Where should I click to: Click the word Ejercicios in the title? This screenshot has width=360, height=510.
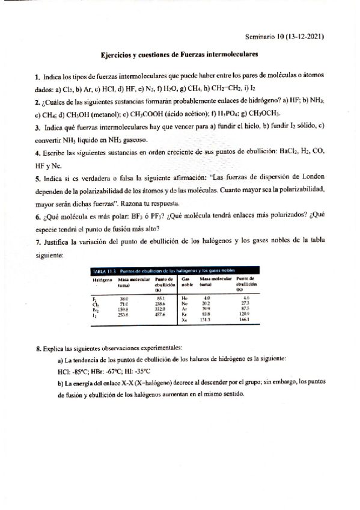click(116, 54)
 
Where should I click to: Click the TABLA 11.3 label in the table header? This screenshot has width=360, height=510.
click(104, 271)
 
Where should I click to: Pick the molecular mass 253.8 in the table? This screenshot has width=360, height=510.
click(124, 315)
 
